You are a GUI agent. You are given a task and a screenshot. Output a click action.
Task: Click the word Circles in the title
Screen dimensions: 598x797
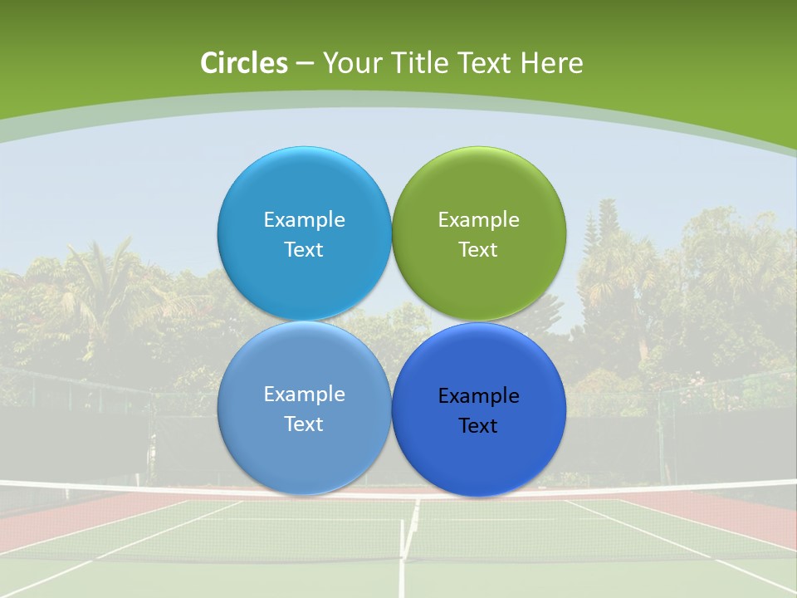click(243, 63)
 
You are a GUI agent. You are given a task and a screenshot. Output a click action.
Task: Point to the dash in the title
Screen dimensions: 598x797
click(305, 64)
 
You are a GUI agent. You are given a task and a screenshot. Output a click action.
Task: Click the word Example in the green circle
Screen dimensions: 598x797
click(478, 220)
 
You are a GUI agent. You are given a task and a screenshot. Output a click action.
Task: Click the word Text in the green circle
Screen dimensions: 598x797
click(478, 249)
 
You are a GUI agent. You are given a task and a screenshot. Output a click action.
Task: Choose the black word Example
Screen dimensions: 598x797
click(478, 396)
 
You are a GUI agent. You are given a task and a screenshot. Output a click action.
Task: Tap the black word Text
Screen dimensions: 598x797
click(478, 425)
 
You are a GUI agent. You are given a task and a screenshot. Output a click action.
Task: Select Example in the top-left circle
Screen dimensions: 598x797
click(304, 220)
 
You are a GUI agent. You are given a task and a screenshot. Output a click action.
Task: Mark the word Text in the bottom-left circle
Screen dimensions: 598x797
click(304, 424)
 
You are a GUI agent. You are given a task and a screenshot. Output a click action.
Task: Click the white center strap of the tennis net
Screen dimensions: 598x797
click(409, 532)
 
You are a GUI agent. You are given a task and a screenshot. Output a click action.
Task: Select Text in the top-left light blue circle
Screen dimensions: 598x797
click(304, 249)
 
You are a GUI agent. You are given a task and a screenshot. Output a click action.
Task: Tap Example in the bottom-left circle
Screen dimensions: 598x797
click(304, 395)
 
